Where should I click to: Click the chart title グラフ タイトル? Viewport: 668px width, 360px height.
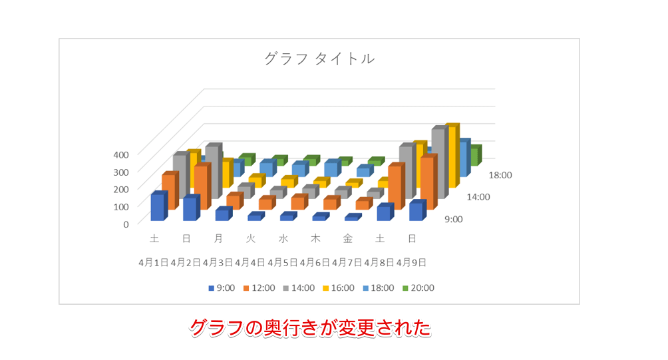point(319,59)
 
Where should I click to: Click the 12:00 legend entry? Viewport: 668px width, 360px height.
point(258,288)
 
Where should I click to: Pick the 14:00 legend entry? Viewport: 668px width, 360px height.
point(298,288)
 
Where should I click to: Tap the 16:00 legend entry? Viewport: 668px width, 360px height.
point(338,288)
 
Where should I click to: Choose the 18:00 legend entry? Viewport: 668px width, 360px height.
point(378,288)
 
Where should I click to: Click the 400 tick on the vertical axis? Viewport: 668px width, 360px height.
point(120,154)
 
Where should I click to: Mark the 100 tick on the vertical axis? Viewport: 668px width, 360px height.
point(120,206)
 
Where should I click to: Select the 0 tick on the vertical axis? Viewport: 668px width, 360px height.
point(126,224)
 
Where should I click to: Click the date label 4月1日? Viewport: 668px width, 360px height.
point(153,262)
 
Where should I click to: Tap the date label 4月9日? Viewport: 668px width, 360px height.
point(411,262)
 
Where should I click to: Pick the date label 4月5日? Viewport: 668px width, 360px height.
point(282,262)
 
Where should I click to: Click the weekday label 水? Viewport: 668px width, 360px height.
point(283,238)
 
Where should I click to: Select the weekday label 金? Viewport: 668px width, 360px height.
point(348,238)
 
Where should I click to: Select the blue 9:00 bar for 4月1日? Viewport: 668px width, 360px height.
point(158,208)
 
